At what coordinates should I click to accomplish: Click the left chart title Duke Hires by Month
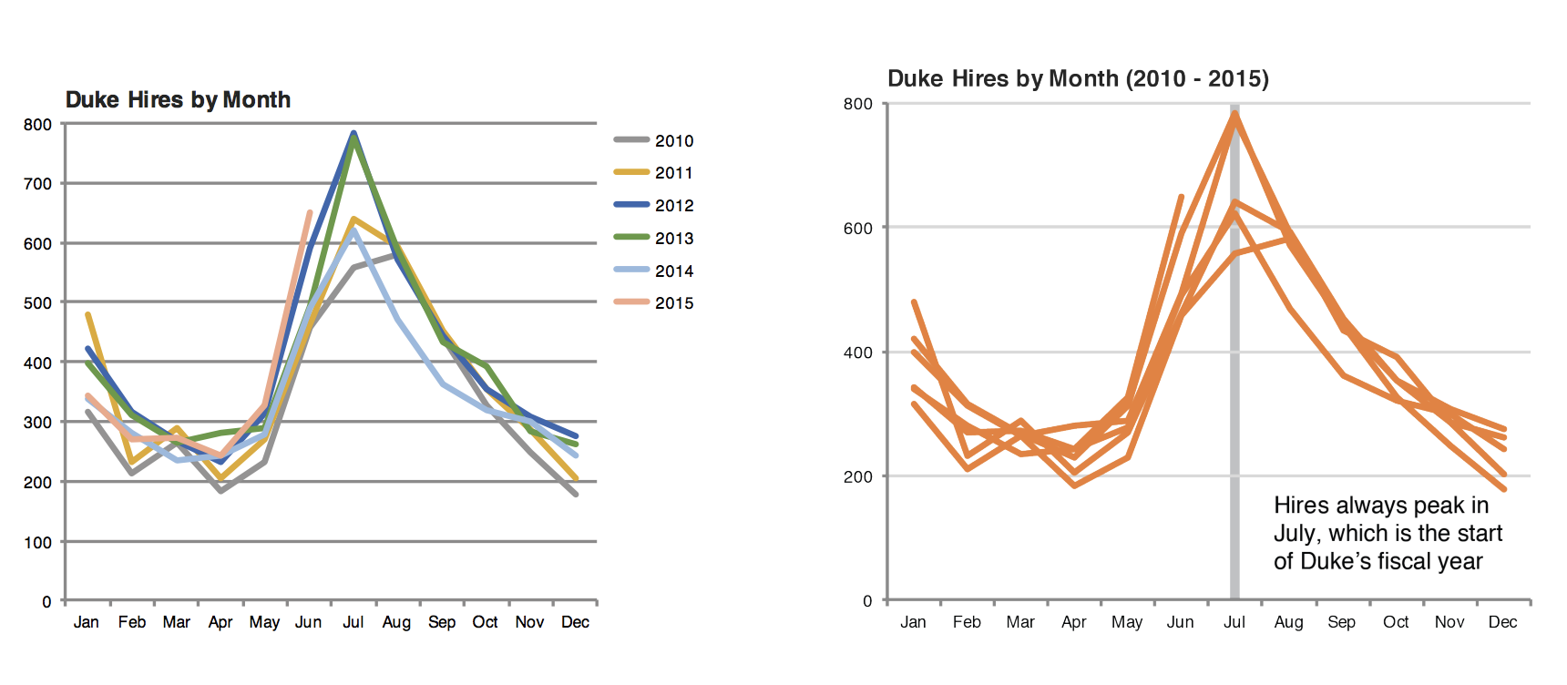pos(178,99)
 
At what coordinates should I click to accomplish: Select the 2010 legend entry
pos(673,140)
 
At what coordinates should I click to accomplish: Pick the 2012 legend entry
pos(673,206)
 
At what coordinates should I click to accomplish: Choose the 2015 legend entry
pos(673,303)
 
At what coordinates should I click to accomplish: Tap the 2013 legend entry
pos(673,239)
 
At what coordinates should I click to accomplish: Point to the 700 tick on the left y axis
pos(37,184)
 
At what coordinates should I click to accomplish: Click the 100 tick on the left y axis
pos(37,543)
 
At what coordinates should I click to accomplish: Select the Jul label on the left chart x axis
pos(353,622)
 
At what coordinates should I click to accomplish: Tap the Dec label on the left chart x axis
pos(575,622)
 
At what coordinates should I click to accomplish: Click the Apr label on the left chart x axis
pos(220,622)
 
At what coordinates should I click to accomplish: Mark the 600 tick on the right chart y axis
pos(857,229)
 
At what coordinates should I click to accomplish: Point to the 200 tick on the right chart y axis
pos(857,476)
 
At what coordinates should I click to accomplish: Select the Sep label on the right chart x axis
pos(1341,622)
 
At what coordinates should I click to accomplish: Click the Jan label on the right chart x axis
pos(913,622)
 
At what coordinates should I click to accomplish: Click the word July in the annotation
pos(1296,534)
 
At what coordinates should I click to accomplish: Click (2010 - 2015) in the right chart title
pos(1197,78)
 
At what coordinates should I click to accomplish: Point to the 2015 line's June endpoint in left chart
pos(310,212)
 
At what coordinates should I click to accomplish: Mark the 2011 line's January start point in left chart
pos(87,314)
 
